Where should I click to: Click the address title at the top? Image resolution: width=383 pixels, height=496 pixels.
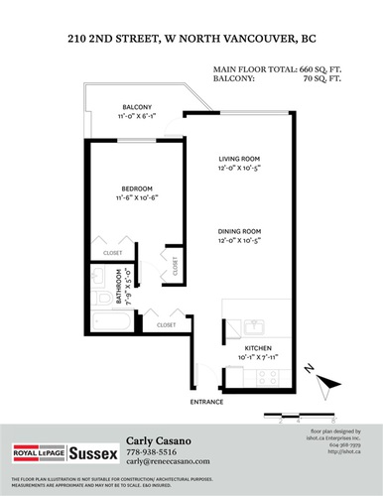point(191,40)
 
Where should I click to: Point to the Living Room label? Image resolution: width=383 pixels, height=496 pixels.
point(239,159)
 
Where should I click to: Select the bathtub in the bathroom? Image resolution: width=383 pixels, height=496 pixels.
point(107,322)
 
